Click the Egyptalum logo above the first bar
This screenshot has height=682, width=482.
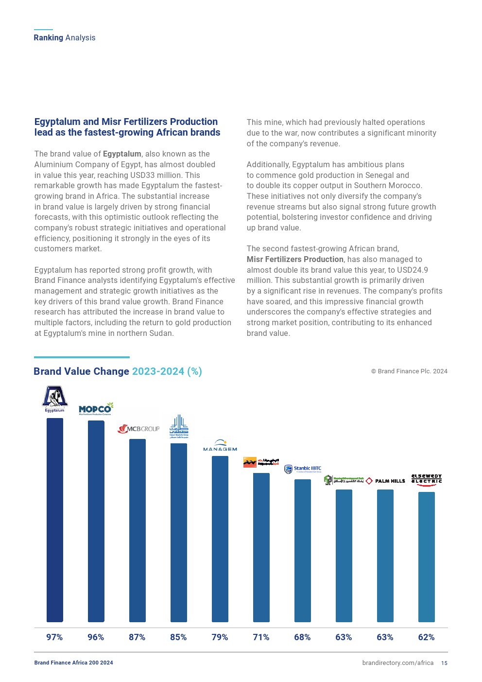(x=54, y=399)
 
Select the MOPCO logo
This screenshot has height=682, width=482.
(x=95, y=409)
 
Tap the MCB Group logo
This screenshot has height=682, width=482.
(x=138, y=429)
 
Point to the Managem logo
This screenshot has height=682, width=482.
(x=220, y=446)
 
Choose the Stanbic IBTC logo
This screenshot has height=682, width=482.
(x=303, y=469)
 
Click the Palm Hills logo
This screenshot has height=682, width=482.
(x=385, y=481)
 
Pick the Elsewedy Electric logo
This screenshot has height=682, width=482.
(x=427, y=480)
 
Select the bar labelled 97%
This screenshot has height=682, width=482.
(x=54, y=520)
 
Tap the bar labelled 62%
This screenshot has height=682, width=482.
(x=427, y=557)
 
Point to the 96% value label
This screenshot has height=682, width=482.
(x=96, y=637)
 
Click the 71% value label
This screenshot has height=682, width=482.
(x=261, y=637)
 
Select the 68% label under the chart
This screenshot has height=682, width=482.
(x=302, y=637)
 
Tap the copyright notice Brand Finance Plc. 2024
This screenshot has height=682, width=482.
(x=409, y=371)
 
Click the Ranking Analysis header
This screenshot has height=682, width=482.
(x=65, y=38)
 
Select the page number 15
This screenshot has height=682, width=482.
(x=444, y=663)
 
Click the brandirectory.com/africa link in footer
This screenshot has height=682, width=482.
(x=397, y=663)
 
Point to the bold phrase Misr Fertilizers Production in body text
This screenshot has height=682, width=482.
(x=295, y=260)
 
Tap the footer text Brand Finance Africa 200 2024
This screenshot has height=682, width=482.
(x=73, y=663)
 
